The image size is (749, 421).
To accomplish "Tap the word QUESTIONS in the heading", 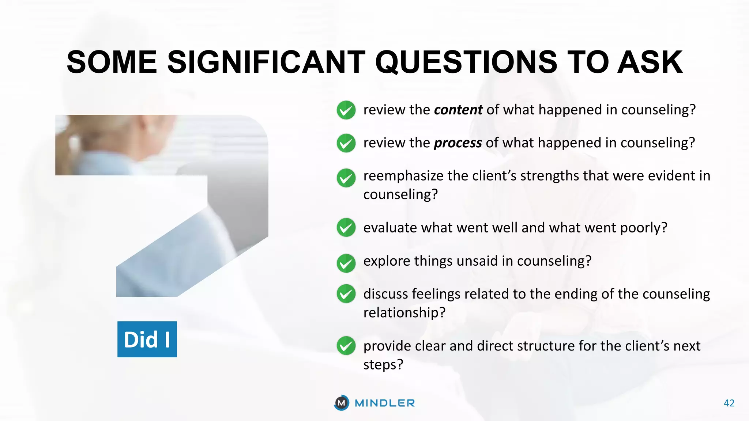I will pos(466,62).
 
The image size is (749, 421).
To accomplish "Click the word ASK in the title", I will pos(650,62).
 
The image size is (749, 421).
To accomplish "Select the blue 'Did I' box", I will pos(147,339).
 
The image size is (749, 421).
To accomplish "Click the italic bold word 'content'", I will pos(458,110).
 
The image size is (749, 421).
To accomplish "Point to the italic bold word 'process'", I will pos(458,143).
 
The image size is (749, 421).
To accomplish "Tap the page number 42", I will pos(729,403).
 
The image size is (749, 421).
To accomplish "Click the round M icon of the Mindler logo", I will pos(342,403).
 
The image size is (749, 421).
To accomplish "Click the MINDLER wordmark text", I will pos(385,403).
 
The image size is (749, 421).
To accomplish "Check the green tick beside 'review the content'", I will pos(346,110).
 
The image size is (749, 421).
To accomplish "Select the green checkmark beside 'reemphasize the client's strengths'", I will pos(346,178).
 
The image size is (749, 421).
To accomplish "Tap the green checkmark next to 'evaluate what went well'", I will pos(346,228).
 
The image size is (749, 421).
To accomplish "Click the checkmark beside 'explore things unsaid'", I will pos(346,263).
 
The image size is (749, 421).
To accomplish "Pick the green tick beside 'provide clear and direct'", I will pos(346,346).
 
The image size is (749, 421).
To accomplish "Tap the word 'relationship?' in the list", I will pos(404,312).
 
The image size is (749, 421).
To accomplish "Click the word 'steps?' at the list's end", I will pos(383,364).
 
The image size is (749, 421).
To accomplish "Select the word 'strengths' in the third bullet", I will pos(550,176).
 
